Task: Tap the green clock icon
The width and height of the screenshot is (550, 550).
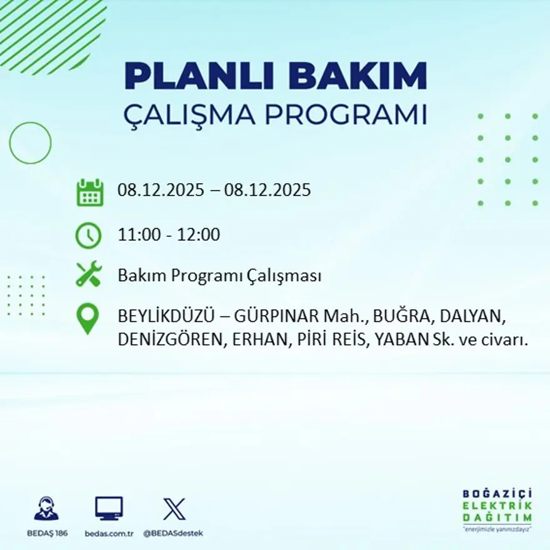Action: (88, 236)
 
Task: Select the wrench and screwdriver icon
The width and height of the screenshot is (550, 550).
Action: (88, 274)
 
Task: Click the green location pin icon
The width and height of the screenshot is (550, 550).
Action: (87, 317)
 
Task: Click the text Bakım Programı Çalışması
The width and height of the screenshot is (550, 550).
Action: (219, 276)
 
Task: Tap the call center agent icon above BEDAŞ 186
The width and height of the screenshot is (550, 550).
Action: (46, 508)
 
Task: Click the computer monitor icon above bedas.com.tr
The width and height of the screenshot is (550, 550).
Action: (109, 508)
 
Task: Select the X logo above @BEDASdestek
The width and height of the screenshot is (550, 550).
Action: (173, 508)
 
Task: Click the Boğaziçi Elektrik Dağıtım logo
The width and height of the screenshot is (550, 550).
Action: (497, 508)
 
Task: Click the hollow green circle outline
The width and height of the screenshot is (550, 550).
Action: (30, 143)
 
